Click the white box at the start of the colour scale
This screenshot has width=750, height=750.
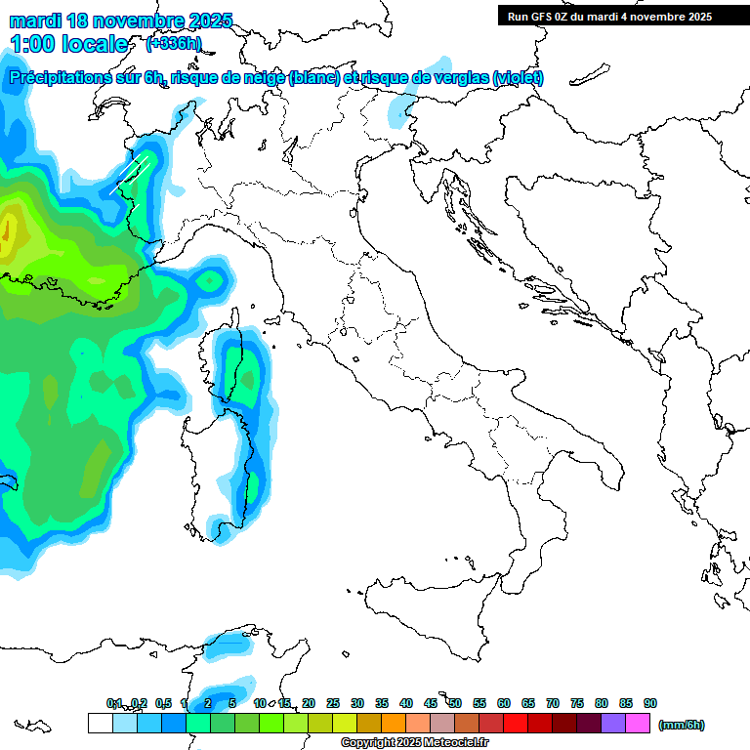pos(100,723)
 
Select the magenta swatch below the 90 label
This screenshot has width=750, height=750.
pos(638,723)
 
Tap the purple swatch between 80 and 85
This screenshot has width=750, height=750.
pos(613,723)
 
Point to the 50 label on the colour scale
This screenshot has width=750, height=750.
pos(455,703)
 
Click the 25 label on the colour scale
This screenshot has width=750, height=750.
pos(333,703)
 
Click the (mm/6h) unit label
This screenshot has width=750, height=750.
pos(681,725)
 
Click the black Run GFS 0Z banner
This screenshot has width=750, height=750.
pos(623,17)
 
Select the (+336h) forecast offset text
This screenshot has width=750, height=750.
pos(173,44)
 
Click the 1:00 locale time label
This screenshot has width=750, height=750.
pos(69,44)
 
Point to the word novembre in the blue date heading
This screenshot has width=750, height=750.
pos(139,21)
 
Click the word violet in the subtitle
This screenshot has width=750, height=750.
pos(517,78)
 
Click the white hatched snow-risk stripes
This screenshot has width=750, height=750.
pos(137,171)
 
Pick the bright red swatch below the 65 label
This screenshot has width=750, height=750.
pos(516,723)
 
